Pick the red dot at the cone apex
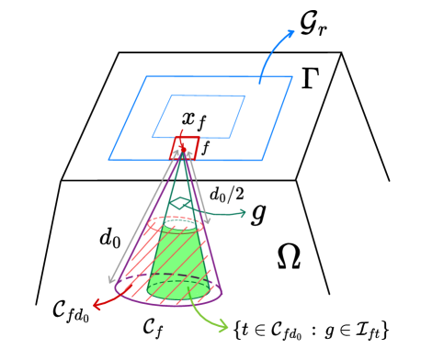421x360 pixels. click(x=183, y=148)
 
